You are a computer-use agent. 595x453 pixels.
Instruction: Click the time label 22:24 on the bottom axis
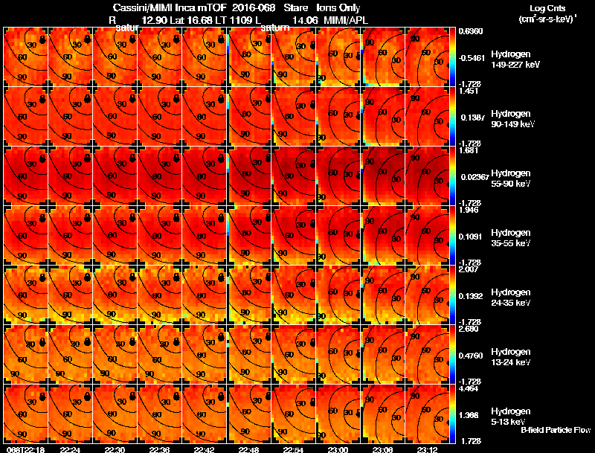(x=69, y=449)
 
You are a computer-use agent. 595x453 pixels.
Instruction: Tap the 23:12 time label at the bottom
(x=428, y=449)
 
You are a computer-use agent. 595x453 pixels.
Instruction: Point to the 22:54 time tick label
(x=294, y=449)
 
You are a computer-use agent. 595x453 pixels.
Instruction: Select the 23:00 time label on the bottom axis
(x=338, y=449)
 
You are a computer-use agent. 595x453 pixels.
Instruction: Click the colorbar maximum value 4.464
(x=467, y=388)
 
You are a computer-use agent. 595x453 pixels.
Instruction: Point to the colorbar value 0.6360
(x=469, y=31)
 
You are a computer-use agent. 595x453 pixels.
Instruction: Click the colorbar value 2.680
(x=467, y=329)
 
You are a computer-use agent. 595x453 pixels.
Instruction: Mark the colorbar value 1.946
(x=467, y=210)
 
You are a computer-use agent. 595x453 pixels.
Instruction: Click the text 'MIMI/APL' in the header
(x=344, y=20)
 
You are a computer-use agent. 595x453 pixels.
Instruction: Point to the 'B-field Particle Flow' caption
(x=555, y=430)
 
